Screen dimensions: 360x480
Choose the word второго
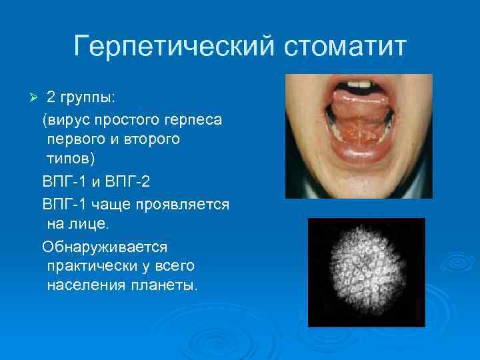(154, 141)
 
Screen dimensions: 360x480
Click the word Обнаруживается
(105, 246)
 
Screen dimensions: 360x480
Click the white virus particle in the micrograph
(366, 273)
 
